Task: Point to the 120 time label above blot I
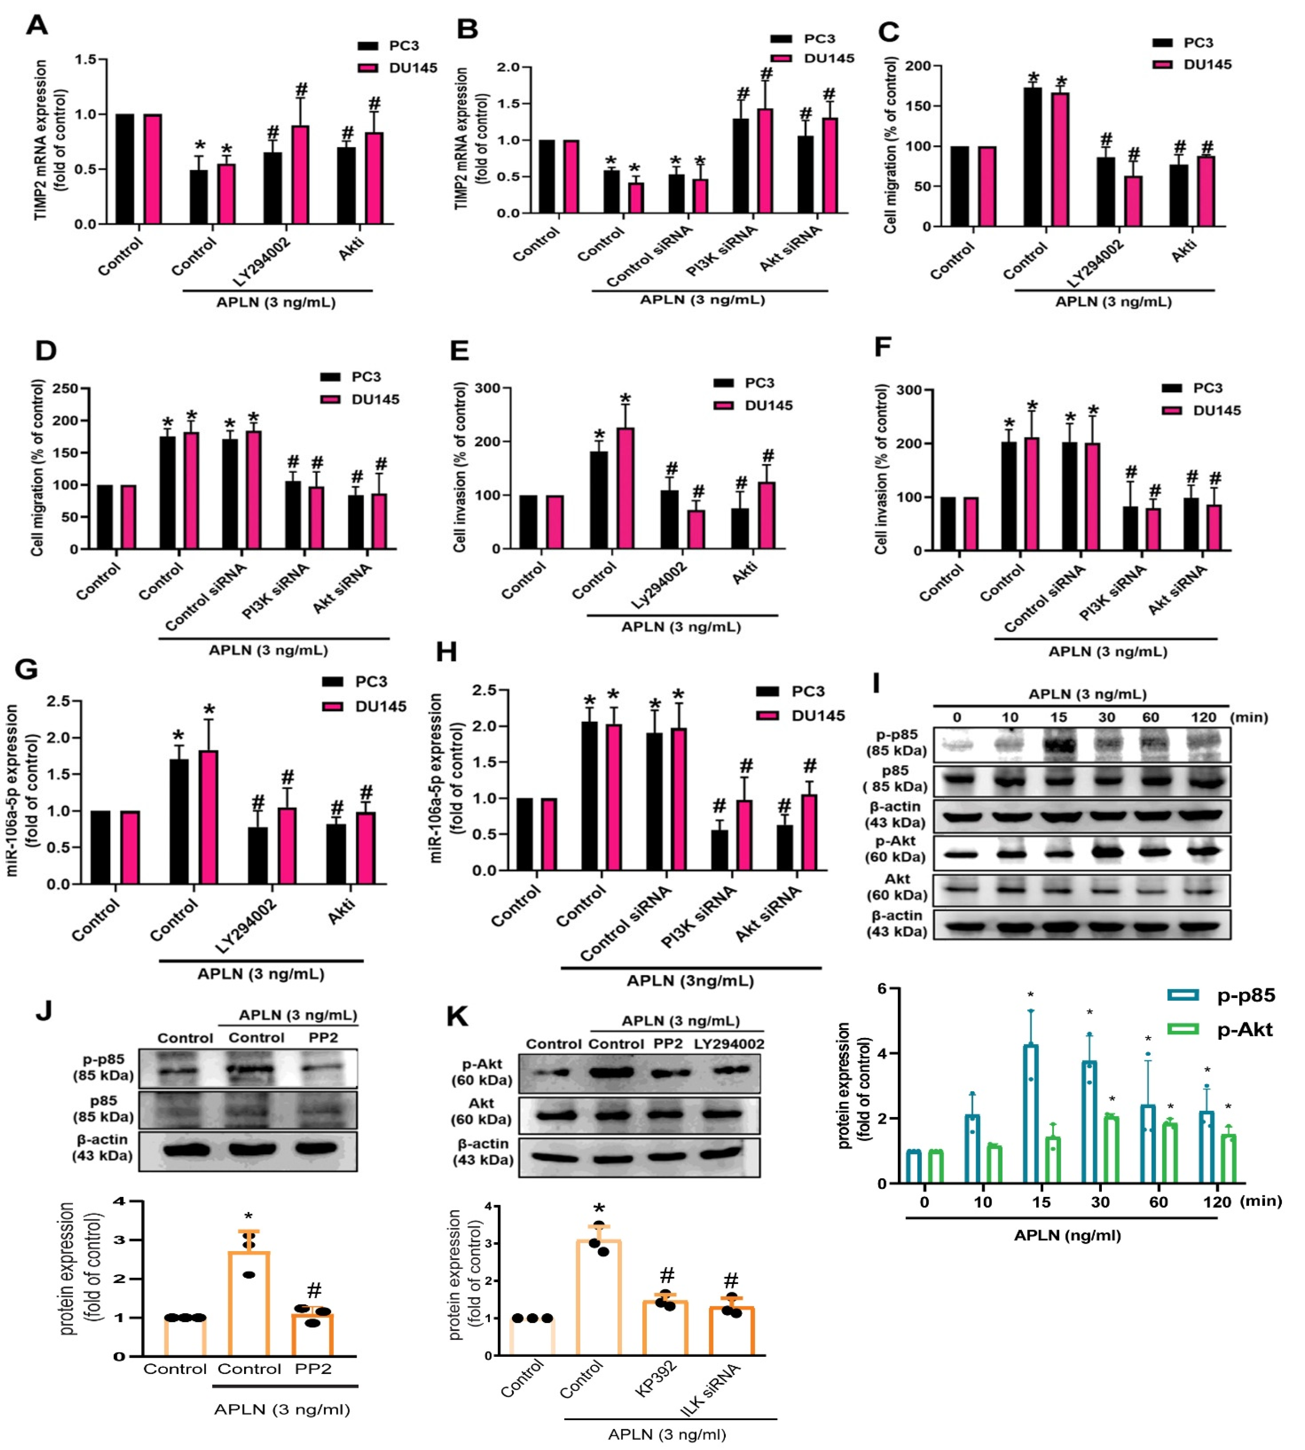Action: (1203, 718)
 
